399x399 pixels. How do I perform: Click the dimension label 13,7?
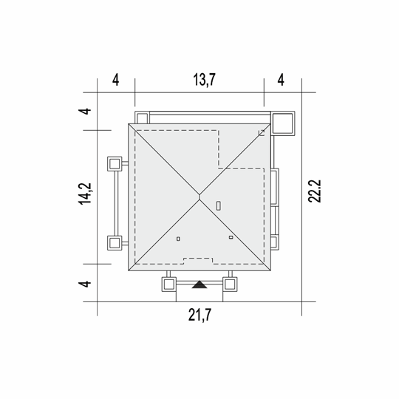pos(205,80)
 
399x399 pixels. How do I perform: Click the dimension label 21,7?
pos(199,315)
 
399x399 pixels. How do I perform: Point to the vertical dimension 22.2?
pos(315,191)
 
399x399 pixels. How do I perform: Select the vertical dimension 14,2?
pos(85,194)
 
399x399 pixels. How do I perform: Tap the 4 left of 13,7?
pos(115,80)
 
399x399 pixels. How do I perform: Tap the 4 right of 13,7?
pos(281,80)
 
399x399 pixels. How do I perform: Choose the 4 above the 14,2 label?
pos(85,111)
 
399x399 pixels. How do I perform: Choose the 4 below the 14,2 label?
pos(85,284)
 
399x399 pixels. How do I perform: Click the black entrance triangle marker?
pos(199,284)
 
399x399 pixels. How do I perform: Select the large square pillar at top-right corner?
pos(283,123)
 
